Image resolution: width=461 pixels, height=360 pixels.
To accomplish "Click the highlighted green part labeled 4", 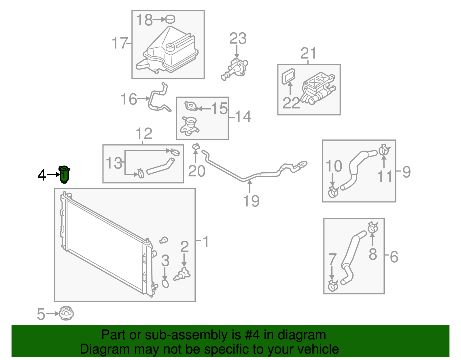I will pyautogui.click(x=65, y=174).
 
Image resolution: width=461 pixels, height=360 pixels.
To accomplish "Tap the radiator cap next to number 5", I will pyautogui.click(x=66, y=313).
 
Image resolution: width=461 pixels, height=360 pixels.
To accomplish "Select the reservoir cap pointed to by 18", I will pyautogui.click(x=170, y=19).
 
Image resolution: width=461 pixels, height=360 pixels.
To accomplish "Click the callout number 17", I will pyautogui.click(x=119, y=43).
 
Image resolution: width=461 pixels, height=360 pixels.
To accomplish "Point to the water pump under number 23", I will pyautogui.click(x=235, y=69).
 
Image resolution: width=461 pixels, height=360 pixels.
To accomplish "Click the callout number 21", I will pyautogui.click(x=308, y=53).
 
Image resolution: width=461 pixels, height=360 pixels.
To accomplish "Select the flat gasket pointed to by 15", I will pyautogui.click(x=191, y=106).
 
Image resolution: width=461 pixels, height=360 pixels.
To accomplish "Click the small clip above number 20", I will pyautogui.click(x=196, y=147).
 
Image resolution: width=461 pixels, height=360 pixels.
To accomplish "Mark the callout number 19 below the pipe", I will pyautogui.click(x=251, y=201).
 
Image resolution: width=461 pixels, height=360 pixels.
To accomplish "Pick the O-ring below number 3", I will pyautogui.click(x=165, y=284).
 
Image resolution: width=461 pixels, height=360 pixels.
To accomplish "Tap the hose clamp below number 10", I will pyautogui.click(x=333, y=192).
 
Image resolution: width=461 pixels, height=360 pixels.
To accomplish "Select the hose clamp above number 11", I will pyautogui.click(x=383, y=150).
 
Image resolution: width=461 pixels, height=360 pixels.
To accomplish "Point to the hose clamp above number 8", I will pyautogui.click(x=373, y=228).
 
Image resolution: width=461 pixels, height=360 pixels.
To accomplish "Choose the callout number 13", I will pyautogui.click(x=114, y=163).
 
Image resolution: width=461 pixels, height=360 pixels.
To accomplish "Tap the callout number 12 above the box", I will pyautogui.click(x=144, y=133).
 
